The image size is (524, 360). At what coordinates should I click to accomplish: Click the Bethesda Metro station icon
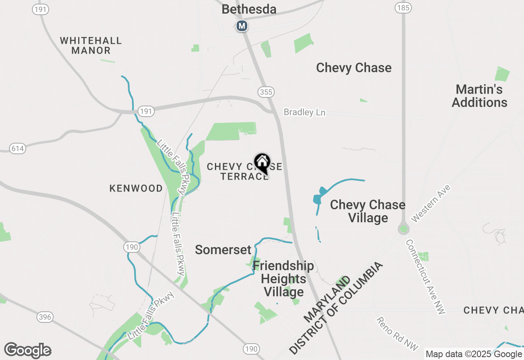(x=242, y=26)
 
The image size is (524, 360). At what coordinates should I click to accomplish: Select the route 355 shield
(x=266, y=92)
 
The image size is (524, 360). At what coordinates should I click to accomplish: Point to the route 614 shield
(x=18, y=148)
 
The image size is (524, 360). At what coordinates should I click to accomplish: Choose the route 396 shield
(x=44, y=317)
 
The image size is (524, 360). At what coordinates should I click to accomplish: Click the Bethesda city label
(x=249, y=9)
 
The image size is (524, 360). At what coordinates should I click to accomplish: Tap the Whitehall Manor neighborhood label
(x=91, y=45)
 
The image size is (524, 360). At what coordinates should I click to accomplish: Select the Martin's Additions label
(x=479, y=96)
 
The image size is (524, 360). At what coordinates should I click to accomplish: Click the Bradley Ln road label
(x=305, y=112)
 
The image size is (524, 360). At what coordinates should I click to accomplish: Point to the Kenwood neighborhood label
(x=136, y=189)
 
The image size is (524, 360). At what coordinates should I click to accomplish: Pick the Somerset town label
(x=223, y=250)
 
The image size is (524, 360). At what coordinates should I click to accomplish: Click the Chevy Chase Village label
(x=368, y=211)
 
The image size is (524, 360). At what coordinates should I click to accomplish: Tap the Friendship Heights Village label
(x=283, y=279)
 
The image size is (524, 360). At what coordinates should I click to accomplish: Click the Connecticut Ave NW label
(x=426, y=277)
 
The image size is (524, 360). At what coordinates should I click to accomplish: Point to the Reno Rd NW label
(x=397, y=333)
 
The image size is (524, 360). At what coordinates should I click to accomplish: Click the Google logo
(x=27, y=351)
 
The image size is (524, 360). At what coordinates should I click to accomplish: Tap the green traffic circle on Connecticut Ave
(x=404, y=229)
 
